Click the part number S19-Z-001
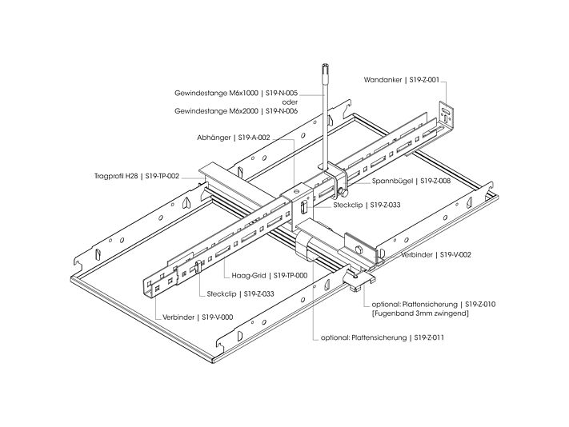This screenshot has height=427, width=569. pos(424,80)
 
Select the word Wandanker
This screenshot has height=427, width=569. pos(383,80)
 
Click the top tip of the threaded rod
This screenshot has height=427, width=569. pos(325,65)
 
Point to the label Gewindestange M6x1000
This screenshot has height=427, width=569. pos(216,94)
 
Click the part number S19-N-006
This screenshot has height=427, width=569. pos(282,111)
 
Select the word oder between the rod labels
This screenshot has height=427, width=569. pos(290,102)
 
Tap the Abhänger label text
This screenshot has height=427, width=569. pos(214,138)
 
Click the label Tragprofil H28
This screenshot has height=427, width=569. pos(116,176)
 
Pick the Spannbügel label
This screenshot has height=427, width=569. pos(393,181)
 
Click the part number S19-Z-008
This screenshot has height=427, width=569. pos(435,181)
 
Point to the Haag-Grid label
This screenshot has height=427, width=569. pos(249,276)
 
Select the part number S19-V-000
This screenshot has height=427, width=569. pos(218,317)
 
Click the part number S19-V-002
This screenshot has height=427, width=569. pos(455,255)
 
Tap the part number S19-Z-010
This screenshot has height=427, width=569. pos(480,304)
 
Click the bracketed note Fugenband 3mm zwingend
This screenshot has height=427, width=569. pos(420,313)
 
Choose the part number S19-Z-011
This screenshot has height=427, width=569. pos(429,337)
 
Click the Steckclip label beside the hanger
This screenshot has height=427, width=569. pos(348,206)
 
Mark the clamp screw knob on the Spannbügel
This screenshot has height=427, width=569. pos(341,191)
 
